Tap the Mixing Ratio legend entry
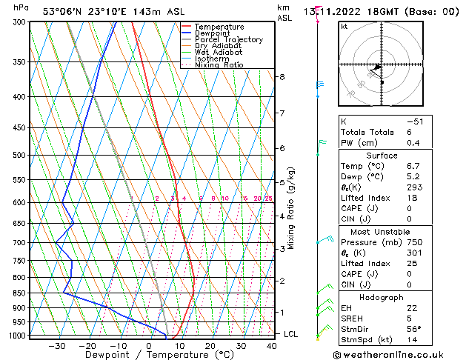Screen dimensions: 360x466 pyautogui.click(x=219, y=65)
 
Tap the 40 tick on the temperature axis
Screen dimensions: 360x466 pyautogui.click(x=272, y=345)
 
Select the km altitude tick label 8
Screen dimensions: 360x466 pyautogui.click(x=282, y=77)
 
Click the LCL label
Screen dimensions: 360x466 pyautogui.click(x=291, y=334)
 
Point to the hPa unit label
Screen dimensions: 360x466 pyautogui.click(x=21, y=8)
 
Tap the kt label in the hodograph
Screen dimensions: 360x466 pyautogui.click(x=344, y=26)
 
